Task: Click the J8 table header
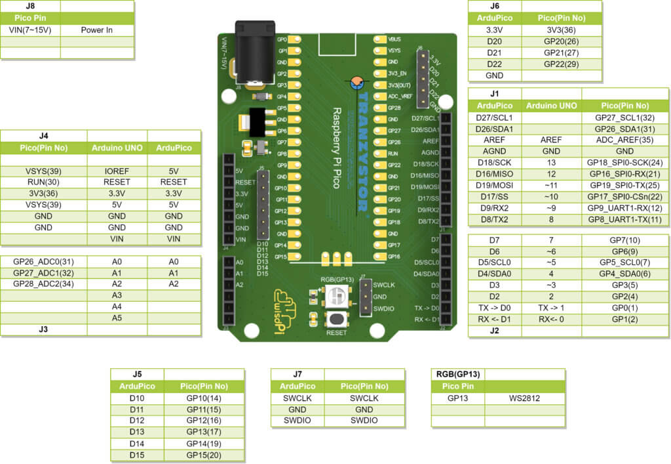(x=30, y=6)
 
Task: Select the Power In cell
(x=97, y=30)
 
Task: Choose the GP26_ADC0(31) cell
(x=43, y=261)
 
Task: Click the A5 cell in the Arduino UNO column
(x=117, y=318)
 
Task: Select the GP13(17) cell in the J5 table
(x=204, y=432)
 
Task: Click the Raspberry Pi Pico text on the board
(x=336, y=148)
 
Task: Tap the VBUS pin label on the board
(x=394, y=39)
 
